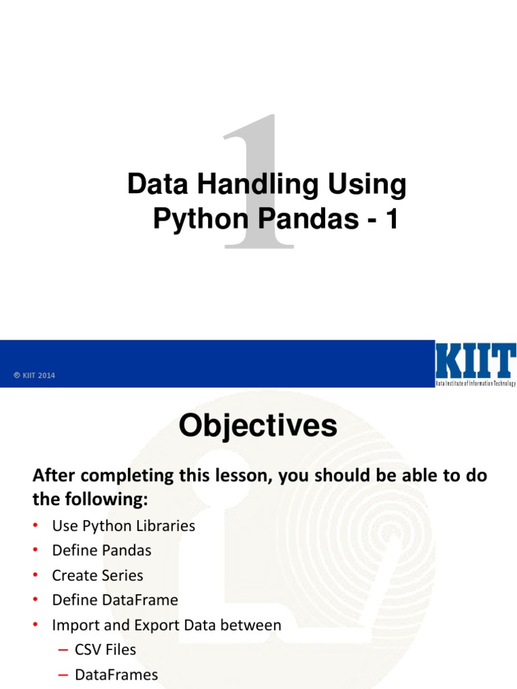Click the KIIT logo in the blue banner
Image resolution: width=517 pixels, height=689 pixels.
pyautogui.click(x=475, y=364)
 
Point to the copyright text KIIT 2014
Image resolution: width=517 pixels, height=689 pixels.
pyautogui.click(x=35, y=375)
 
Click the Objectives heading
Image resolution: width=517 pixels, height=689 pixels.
pyautogui.click(x=258, y=426)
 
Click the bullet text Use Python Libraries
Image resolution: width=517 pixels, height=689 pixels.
pyautogui.click(x=123, y=525)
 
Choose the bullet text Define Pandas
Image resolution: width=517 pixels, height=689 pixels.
pyautogui.click(x=102, y=550)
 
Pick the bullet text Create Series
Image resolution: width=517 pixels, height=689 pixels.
pyautogui.click(x=98, y=575)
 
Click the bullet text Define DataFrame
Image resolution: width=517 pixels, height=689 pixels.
pyautogui.click(x=115, y=600)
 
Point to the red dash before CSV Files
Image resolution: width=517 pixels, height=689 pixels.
pyautogui.click(x=63, y=650)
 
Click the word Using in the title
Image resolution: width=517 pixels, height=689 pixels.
pyautogui.click(x=366, y=185)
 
